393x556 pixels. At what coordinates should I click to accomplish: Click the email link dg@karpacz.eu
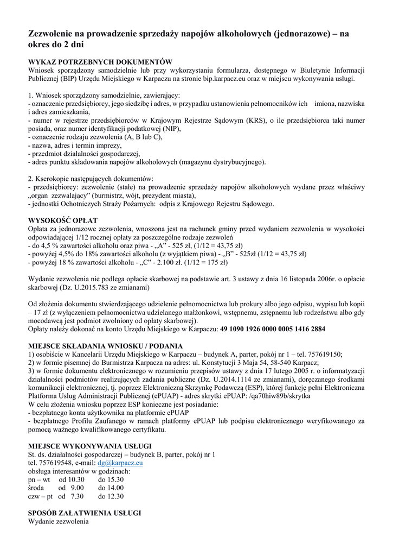(x=124, y=463)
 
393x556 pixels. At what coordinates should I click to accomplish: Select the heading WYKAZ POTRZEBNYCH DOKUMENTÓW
(x=100, y=62)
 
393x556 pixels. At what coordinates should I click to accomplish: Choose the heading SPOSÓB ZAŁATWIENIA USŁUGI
(x=85, y=513)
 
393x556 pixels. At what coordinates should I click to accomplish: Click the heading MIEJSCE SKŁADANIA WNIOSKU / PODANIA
(x=105, y=345)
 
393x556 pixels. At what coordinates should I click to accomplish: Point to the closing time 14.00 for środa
(x=111, y=488)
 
